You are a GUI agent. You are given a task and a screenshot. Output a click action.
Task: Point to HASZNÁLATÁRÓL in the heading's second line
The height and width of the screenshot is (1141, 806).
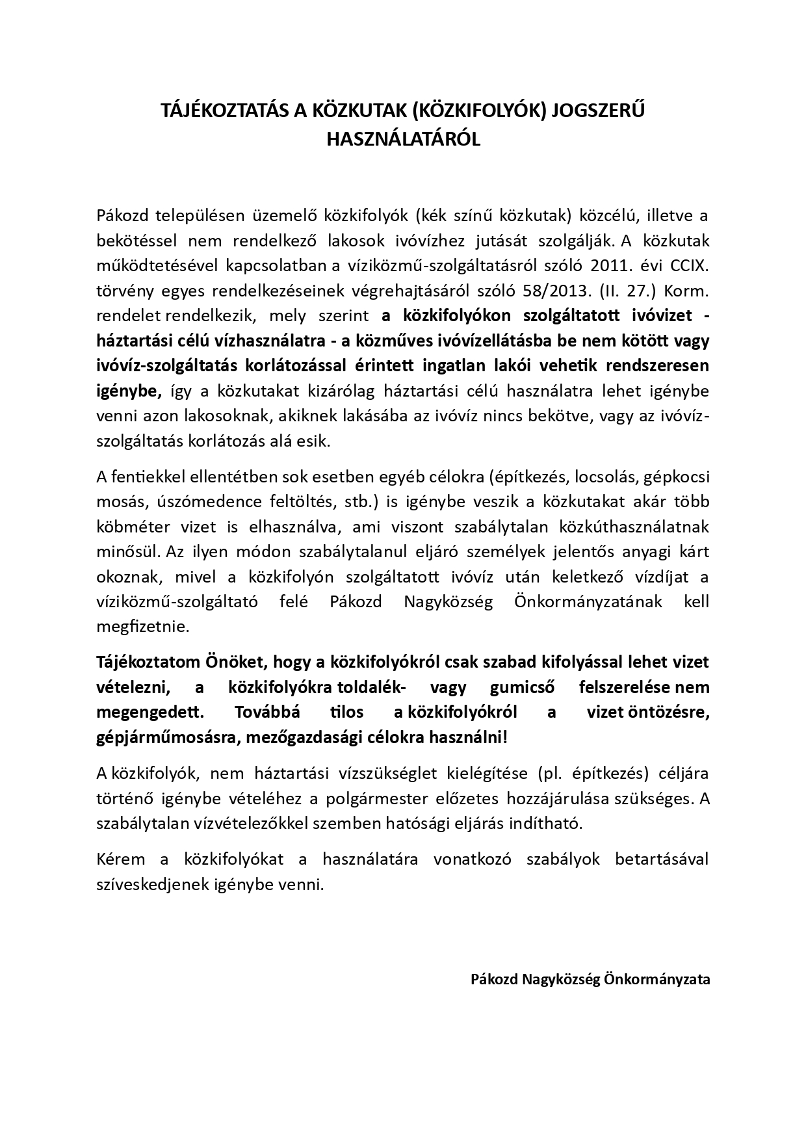403,139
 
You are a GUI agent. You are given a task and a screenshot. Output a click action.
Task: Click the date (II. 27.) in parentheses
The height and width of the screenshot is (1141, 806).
631,291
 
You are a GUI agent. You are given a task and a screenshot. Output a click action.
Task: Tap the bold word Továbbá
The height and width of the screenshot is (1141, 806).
266,712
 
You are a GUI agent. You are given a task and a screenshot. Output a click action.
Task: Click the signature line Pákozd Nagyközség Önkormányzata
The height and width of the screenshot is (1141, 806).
590,979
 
